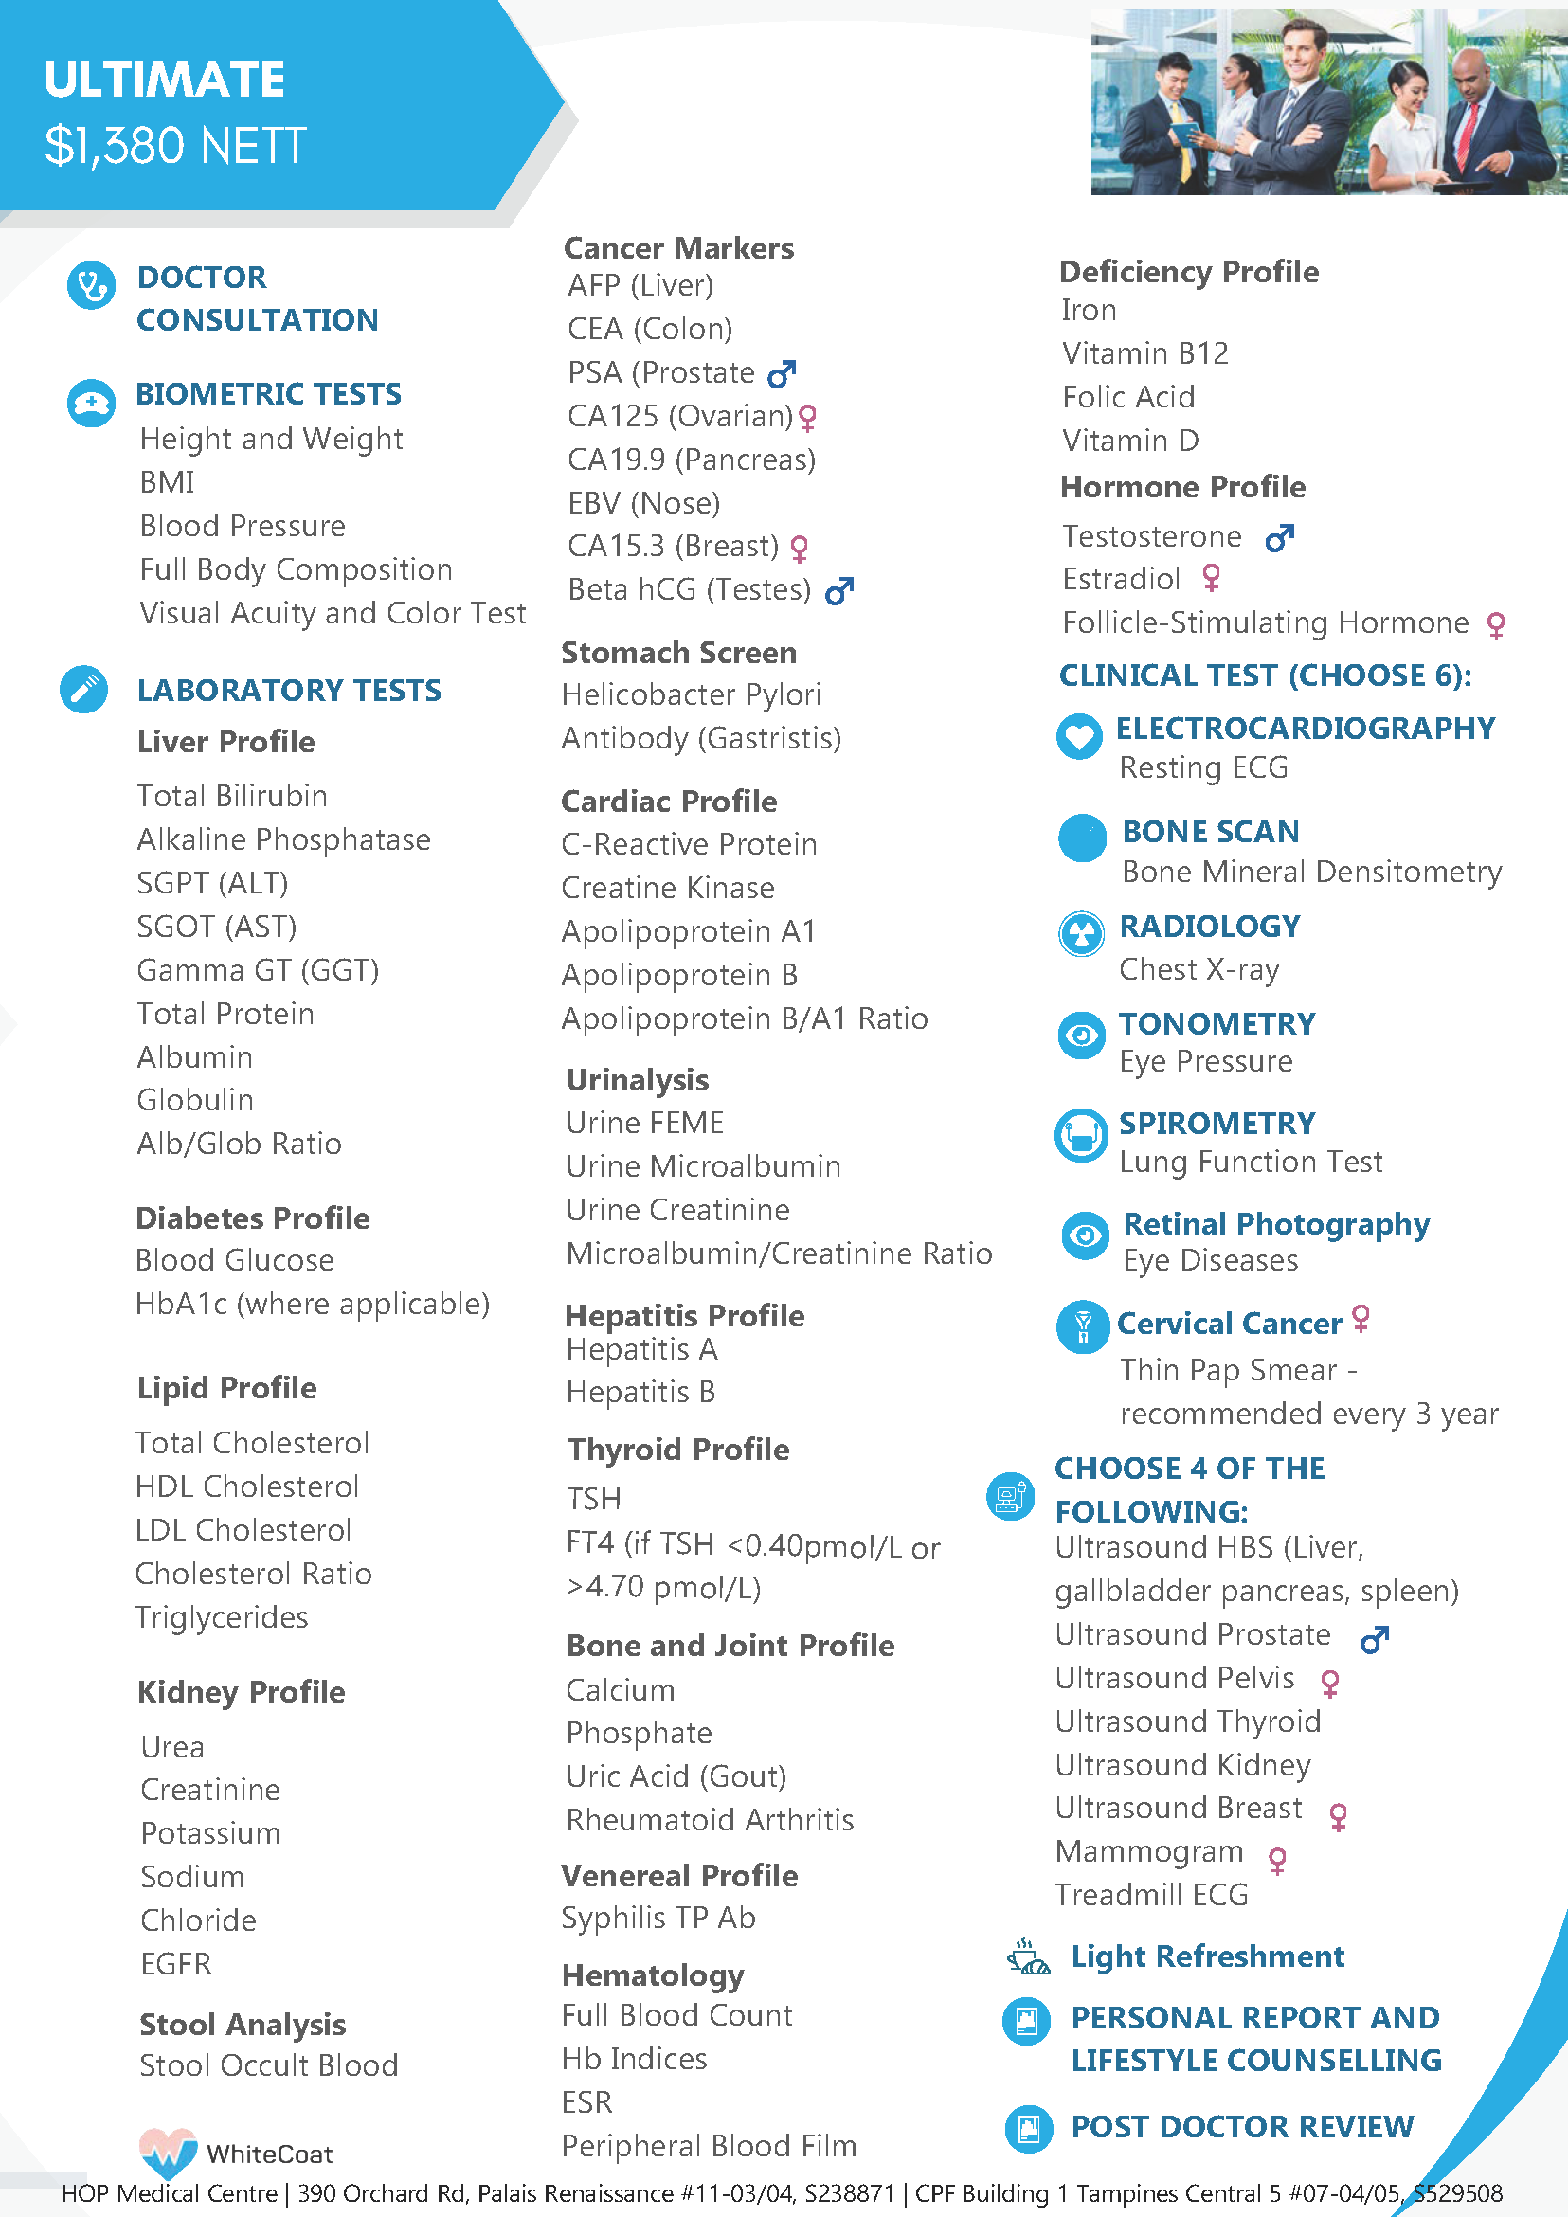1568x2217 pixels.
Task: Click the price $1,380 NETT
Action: (x=174, y=147)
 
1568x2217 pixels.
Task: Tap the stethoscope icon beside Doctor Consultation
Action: (x=92, y=287)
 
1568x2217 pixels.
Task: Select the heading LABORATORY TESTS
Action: (x=289, y=691)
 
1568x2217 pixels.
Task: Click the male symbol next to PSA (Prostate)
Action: (x=781, y=372)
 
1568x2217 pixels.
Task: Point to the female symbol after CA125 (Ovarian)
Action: (x=808, y=417)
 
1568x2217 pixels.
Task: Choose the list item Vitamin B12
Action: (x=1145, y=353)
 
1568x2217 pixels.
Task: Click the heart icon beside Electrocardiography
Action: (x=1079, y=737)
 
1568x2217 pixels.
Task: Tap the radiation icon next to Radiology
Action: (x=1081, y=934)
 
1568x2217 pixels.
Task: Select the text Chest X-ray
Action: (x=1199, y=968)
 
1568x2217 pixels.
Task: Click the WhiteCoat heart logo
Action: (x=168, y=2152)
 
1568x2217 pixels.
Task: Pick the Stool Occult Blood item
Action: (x=268, y=2065)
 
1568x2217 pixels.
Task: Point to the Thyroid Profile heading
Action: (x=677, y=1450)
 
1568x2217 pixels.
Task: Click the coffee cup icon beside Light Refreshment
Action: (x=1028, y=1956)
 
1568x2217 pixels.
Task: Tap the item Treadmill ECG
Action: (x=1151, y=1895)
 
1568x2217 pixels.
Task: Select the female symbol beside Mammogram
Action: (x=1277, y=1860)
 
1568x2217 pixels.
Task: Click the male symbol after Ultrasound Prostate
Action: (x=1374, y=1639)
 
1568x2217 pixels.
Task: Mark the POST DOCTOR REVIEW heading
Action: (x=1242, y=2126)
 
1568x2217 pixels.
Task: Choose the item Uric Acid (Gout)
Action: (x=676, y=1776)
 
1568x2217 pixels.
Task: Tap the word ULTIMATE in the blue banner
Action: (x=164, y=80)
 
